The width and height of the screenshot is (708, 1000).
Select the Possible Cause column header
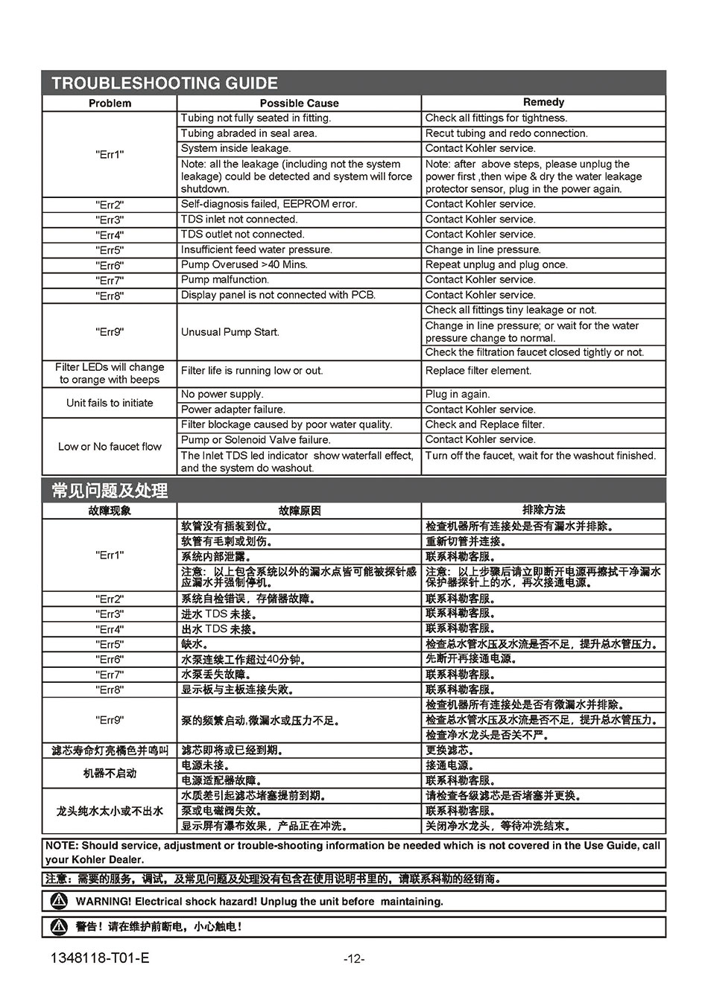[x=299, y=103]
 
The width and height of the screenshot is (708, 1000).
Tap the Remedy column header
[x=543, y=102]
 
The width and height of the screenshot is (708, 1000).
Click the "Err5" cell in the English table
[x=110, y=250]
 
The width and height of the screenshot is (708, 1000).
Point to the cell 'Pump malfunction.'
[x=225, y=280]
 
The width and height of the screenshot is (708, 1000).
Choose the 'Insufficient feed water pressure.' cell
[x=256, y=249]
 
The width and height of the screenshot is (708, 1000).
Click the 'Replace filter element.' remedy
[x=478, y=371]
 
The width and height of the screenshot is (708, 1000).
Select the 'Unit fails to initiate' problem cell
[x=110, y=403]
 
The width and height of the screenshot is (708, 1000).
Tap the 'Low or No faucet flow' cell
[x=110, y=447]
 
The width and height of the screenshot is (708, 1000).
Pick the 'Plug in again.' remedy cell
[x=457, y=395]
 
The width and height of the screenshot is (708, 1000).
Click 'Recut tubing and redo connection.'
[x=506, y=133]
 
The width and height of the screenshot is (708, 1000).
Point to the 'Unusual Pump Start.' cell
[x=230, y=332]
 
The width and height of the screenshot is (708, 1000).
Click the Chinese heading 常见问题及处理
[x=110, y=490]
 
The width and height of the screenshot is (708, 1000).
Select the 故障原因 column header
[x=299, y=511]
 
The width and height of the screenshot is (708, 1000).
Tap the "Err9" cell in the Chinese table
[x=110, y=720]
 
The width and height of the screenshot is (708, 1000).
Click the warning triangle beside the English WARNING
[x=58, y=901]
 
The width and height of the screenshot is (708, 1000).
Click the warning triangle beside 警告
[x=58, y=927]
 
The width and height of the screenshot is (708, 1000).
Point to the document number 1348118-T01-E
[x=95, y=958]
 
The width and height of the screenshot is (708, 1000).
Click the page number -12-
[x=354, y=959]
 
